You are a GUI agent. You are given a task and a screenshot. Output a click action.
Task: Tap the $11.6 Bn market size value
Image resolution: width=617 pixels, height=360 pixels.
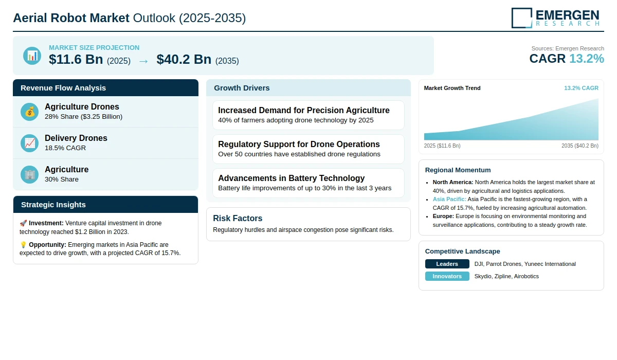76,59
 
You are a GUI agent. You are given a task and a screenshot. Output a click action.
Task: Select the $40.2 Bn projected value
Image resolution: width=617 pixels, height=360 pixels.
184,59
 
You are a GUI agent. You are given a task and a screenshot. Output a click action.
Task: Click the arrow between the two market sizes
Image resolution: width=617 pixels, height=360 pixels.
143,61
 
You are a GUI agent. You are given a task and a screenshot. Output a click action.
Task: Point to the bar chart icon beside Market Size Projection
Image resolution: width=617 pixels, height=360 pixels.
32,56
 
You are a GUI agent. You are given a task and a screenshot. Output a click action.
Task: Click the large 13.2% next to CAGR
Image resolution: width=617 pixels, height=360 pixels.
587,59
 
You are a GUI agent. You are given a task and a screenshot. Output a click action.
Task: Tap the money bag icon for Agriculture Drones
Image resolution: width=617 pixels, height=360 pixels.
29,112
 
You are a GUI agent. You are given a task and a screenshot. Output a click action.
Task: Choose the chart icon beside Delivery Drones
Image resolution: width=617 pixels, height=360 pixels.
29,143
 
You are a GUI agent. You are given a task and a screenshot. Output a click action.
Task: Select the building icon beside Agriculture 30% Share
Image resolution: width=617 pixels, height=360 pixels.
29,175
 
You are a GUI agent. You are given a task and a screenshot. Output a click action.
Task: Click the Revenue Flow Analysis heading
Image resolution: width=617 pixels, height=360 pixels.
63,88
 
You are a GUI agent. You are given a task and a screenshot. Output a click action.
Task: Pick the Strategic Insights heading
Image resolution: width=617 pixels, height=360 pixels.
53,205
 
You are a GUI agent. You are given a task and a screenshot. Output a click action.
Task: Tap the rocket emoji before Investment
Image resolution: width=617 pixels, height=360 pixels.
23,223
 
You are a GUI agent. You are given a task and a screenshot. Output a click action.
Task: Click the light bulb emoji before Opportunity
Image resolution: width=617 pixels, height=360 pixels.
23,245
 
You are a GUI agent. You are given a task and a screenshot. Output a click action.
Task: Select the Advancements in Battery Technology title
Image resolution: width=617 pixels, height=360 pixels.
292,178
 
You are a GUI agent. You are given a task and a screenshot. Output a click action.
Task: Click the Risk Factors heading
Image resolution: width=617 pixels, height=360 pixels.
238,218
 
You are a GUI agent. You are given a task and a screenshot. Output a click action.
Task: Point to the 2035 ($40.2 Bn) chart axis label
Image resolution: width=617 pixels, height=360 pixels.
580,146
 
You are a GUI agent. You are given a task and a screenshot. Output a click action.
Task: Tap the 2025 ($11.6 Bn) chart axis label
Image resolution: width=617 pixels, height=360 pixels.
442,146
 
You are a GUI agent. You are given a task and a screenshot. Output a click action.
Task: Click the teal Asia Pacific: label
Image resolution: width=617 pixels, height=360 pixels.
449,199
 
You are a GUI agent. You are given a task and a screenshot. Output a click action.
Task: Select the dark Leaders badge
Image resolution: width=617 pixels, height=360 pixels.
447,264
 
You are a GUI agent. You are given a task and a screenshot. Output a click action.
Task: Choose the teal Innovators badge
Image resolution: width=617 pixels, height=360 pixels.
447,276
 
